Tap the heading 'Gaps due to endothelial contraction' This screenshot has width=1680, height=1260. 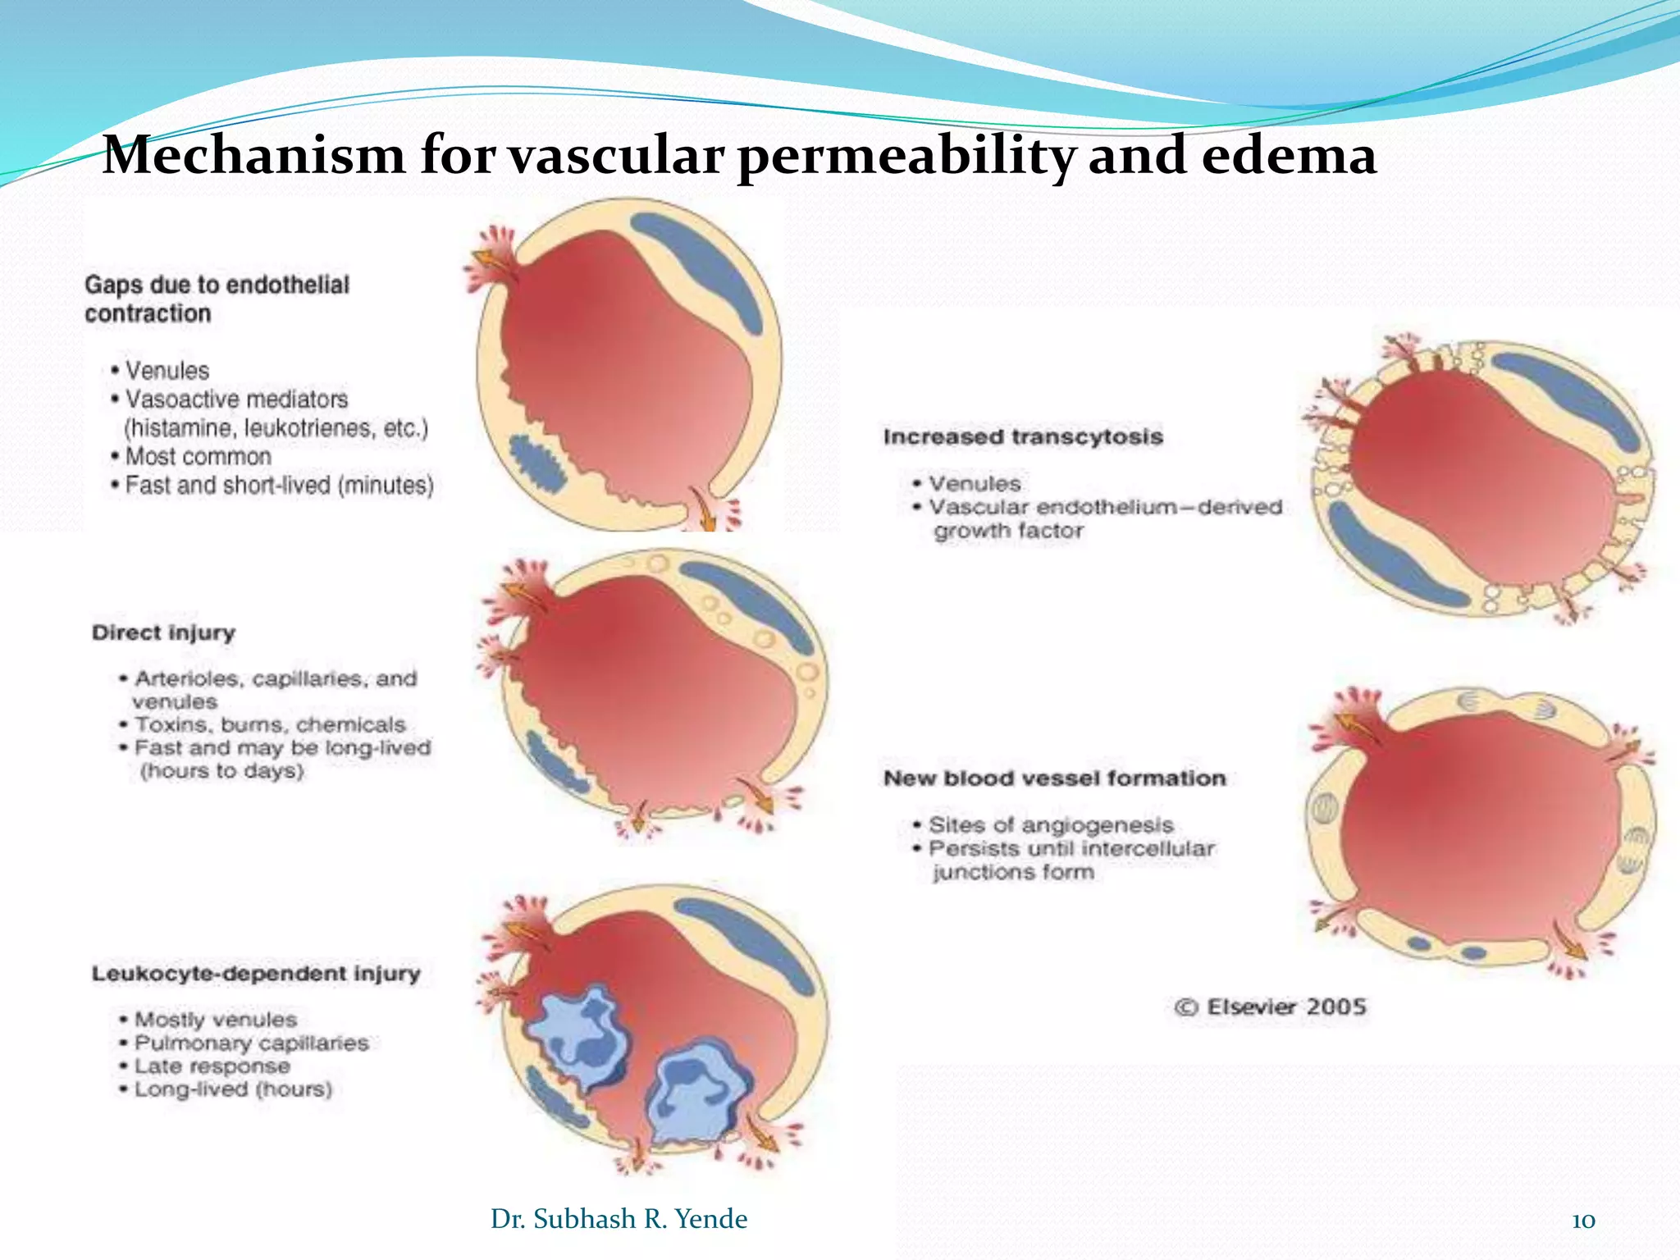(217, 299)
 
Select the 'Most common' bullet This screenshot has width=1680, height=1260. (198, 456)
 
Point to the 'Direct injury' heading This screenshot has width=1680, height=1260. (163, 632)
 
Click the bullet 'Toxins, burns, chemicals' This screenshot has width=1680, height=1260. (270, 724)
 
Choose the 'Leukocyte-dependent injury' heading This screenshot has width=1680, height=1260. (256, 974)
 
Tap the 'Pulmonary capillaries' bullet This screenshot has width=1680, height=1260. (251, 1043)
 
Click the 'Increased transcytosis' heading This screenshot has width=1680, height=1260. (1023, 436)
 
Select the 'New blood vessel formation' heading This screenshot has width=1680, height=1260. (1054, 778)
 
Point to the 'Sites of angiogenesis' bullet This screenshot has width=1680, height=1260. (1051, 824)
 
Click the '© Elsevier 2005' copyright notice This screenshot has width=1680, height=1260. (1270, 1007)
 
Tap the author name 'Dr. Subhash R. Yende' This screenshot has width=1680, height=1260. (619, 1219)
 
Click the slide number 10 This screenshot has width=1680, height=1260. (1583, 1221)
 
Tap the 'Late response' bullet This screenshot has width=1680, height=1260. (212, 1066)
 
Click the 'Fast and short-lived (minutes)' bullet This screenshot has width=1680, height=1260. (279, 485)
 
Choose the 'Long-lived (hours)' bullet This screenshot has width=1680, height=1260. (233, 1089)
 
